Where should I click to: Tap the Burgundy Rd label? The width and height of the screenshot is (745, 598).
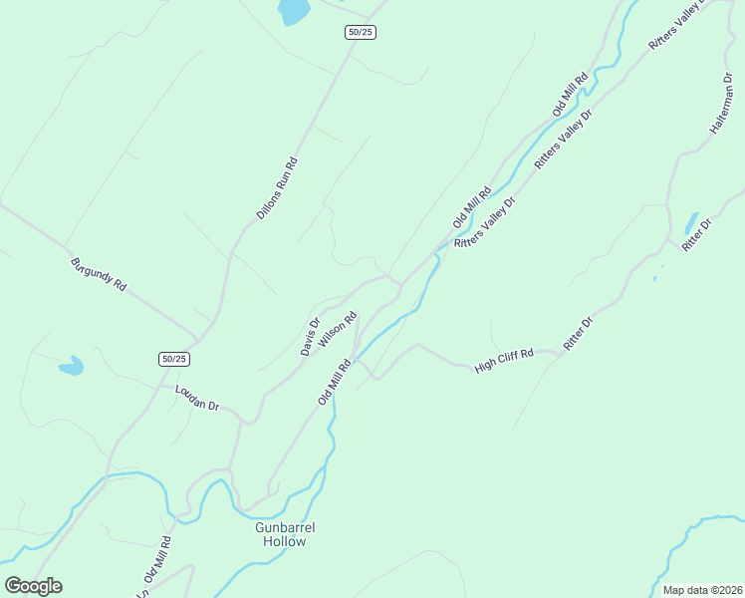point(99,274)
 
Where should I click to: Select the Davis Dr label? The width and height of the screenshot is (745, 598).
point(311,336)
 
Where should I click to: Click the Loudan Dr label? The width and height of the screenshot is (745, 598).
point(196,398)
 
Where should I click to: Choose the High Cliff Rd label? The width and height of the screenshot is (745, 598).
point(504,360)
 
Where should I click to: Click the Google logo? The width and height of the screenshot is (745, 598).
point(33,586)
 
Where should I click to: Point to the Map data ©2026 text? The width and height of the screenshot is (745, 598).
point(703,590)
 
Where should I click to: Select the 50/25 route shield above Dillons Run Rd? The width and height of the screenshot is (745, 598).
point(361,32)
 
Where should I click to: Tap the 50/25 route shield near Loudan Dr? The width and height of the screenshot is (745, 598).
point(173,359)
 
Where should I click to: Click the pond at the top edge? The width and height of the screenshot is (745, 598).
point(294,11)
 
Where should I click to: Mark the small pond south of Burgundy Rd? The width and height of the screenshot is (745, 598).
point(71,367)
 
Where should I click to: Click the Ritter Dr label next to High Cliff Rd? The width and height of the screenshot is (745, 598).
point(578,333)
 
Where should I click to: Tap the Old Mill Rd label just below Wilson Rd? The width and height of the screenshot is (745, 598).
point(336,383)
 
